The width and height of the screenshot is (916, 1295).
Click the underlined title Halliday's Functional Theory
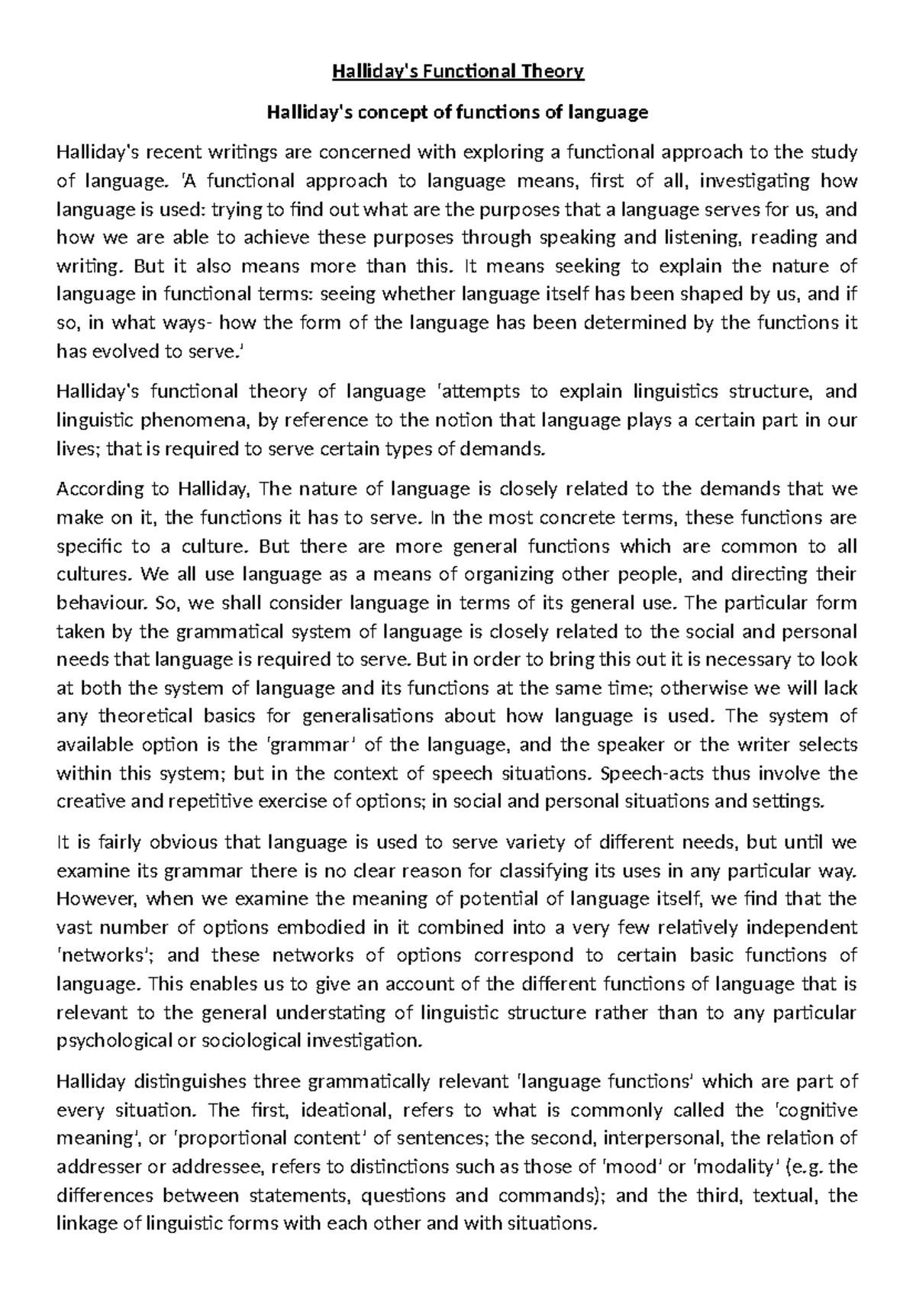tap(457, 72)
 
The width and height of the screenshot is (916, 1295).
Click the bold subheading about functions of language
tap(457, 113)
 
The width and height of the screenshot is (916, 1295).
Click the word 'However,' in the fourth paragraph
tap(96, 899)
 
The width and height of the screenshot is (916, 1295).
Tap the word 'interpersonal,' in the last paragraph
tap(663, 1138)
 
